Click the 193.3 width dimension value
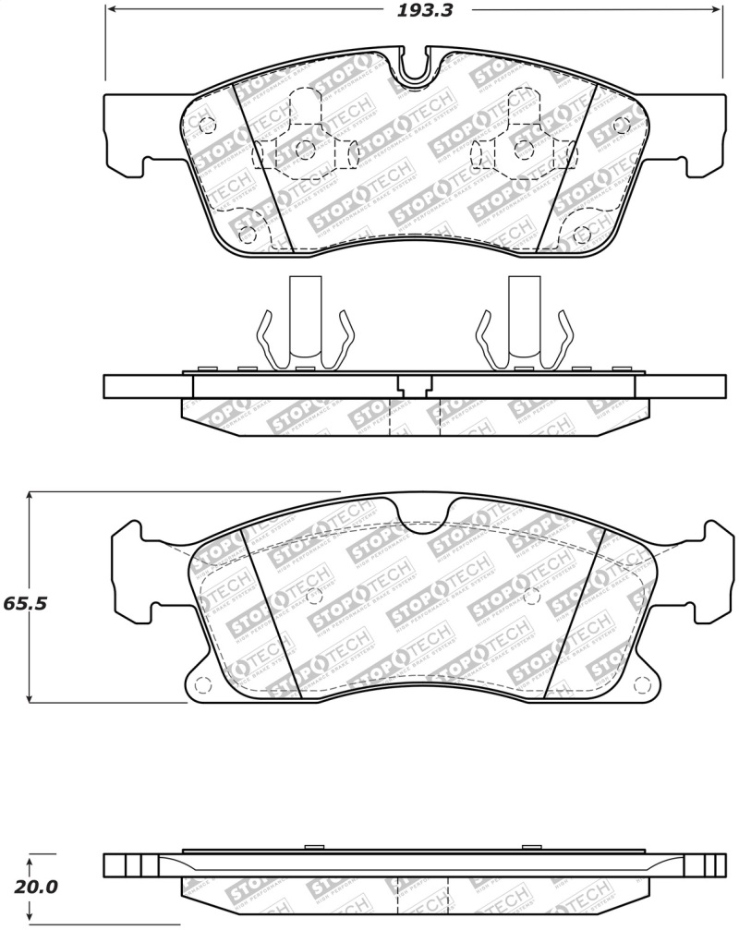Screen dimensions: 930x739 click(418, 11)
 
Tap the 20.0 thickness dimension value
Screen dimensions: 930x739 click(38, 888)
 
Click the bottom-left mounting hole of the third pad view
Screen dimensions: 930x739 click(203, 684)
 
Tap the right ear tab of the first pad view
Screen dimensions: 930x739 click(707, 134)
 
